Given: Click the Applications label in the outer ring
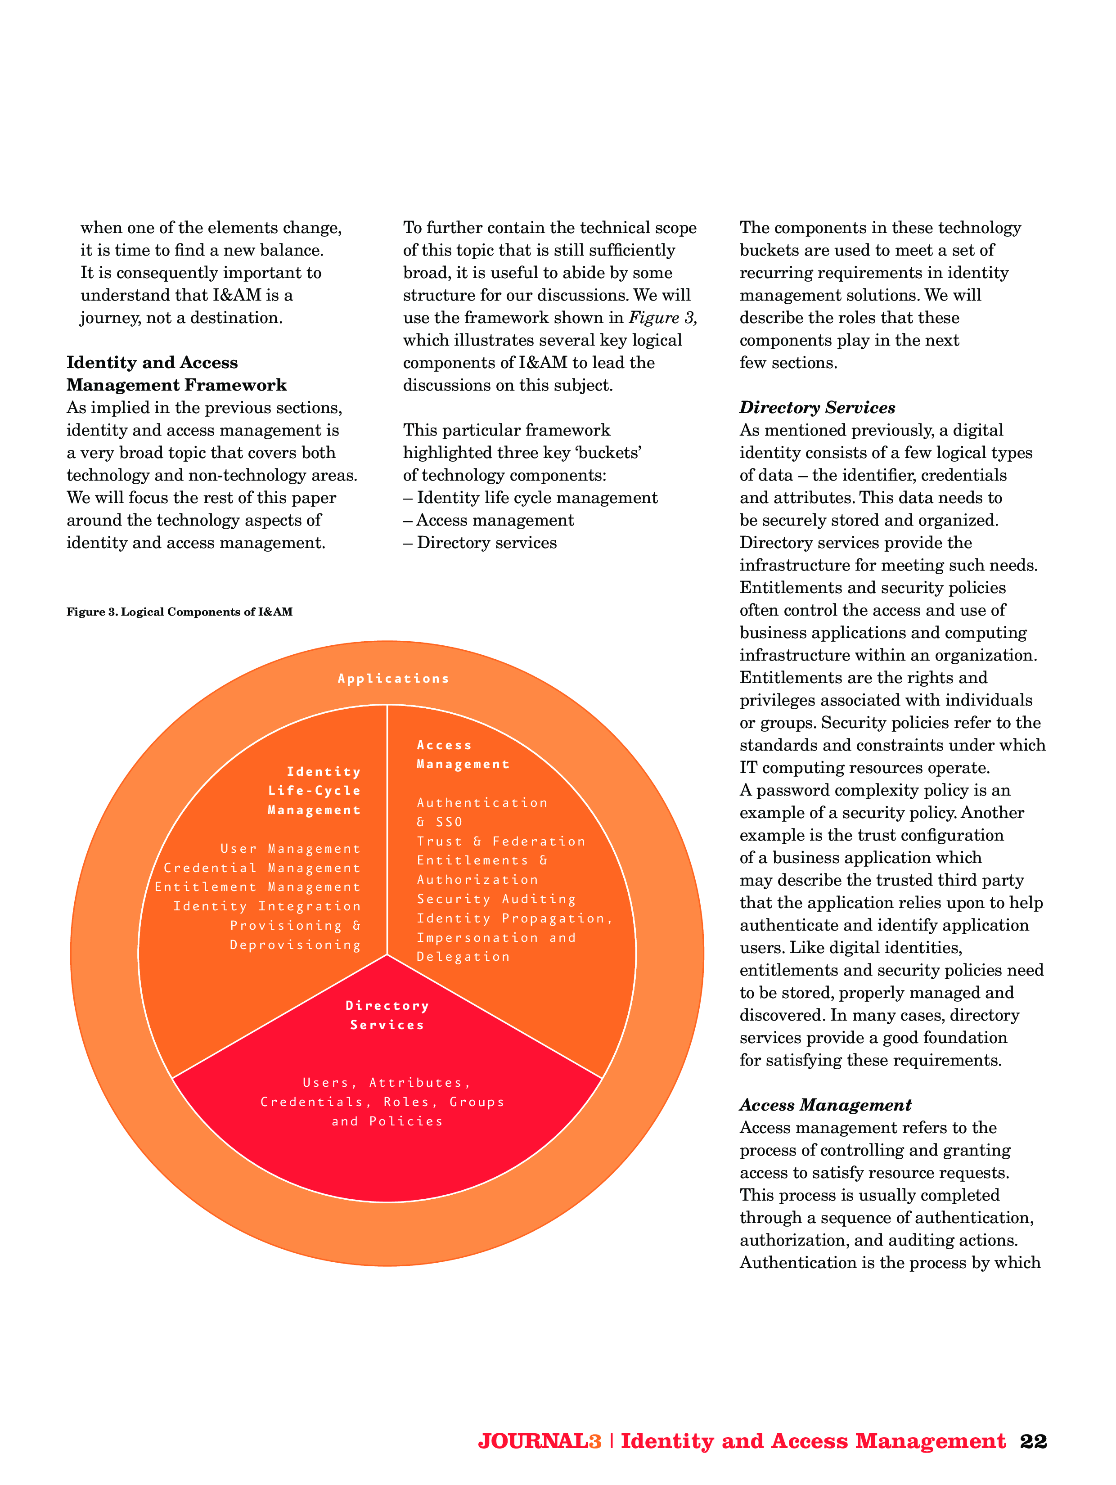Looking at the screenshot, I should (393, 679).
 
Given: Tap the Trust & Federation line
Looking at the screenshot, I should (501, 841).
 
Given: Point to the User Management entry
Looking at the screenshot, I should (290, 849).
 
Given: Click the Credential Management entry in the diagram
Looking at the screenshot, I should (262, 868).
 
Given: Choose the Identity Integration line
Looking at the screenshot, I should (266, 906).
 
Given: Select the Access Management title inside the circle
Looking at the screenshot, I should (463, 755).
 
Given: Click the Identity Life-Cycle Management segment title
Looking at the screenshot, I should (314, 791).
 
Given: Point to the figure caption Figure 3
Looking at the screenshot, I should (179, 612).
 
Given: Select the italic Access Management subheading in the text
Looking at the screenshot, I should (825, 1105).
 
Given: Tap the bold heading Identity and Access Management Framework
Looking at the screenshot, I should (176, 374).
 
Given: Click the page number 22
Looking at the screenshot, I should (1033, 1441).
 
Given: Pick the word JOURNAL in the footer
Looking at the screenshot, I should (532, 1441).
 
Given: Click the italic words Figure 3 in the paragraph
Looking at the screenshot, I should (662, 318).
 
